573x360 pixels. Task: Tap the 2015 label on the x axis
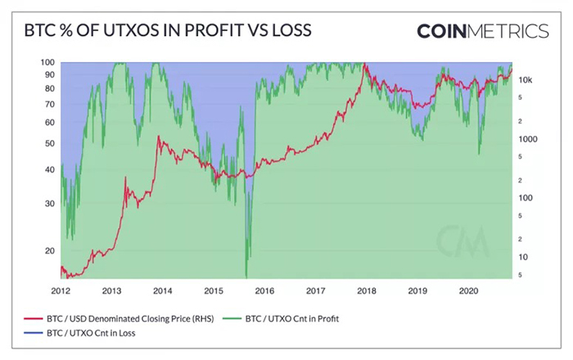[x=213, y=290]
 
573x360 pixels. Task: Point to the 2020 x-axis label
[x=468, y=290]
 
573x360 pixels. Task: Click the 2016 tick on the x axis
[x=264, y=290]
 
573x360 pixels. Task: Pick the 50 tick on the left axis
[x=48, y=143]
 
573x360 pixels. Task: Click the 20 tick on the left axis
[x=48, y=251]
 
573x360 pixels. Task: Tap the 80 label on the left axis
[x=48, y=88]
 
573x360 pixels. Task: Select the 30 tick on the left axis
[x=48, y=203]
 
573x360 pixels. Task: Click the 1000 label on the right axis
[x=529, y=140]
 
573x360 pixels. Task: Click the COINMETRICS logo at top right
[x=482, y=31]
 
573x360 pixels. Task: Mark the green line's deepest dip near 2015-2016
[x=246, y=277]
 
